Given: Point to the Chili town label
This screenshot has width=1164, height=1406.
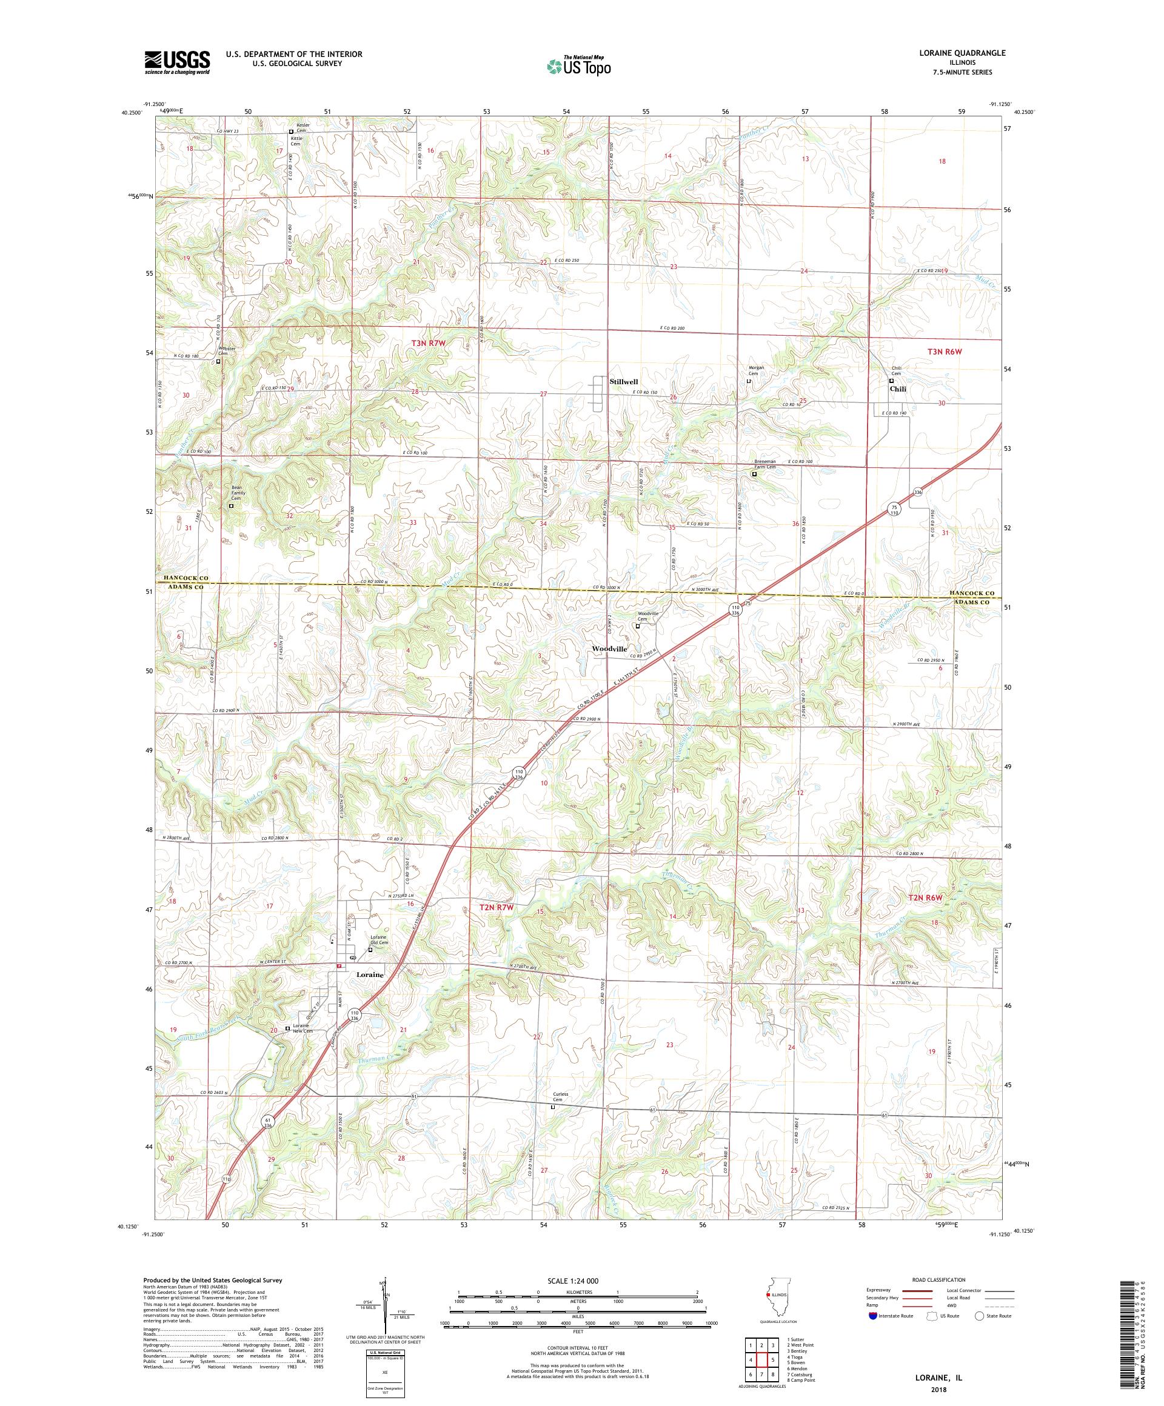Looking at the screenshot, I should [898, 388].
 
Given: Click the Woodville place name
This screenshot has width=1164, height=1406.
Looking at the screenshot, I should [609, 650].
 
